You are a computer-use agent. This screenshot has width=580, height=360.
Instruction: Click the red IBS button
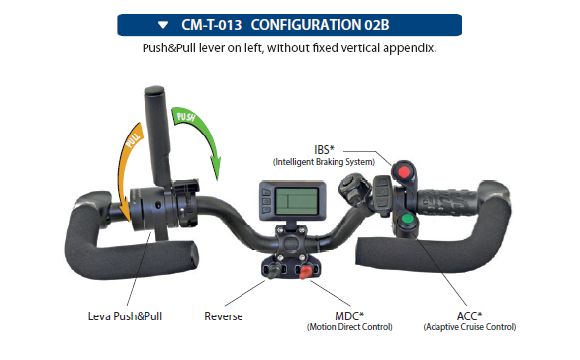point(403,172)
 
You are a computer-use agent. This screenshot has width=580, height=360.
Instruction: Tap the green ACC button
point(407,219)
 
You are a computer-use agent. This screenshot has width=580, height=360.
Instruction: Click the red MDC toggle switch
point(305,272)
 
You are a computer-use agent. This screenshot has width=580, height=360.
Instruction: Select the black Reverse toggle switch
point(274,270)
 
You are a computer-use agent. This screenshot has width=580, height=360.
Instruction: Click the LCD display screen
point(297,201)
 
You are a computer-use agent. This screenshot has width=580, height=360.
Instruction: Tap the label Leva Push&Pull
point(125,316)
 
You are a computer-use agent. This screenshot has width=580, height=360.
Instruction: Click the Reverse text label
point(224,316)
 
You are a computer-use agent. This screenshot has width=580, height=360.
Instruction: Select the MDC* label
point(349,316)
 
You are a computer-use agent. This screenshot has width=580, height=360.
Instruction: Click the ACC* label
point(469,316)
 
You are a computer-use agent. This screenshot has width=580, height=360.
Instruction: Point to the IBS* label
point(324,150)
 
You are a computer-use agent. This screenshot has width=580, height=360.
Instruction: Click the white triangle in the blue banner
point(163,25)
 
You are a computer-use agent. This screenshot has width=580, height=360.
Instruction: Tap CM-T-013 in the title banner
point(211,25)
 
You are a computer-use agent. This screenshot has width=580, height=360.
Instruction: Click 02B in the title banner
point(377,25)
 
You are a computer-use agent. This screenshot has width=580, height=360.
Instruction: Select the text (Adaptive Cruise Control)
point(469,327)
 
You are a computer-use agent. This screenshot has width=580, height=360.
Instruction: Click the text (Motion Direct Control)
point(349,327)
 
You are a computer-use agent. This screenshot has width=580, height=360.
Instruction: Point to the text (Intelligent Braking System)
point(324,162)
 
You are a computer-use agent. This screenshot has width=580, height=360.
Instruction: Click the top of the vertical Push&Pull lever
point(154,90)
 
